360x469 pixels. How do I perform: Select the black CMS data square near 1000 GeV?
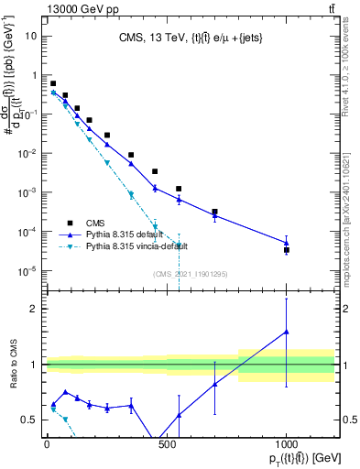click(x=287, y=249)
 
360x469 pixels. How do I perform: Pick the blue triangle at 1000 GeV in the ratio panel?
click(x=287, y=333)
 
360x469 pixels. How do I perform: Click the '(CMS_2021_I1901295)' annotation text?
click(x=190, y=274)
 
